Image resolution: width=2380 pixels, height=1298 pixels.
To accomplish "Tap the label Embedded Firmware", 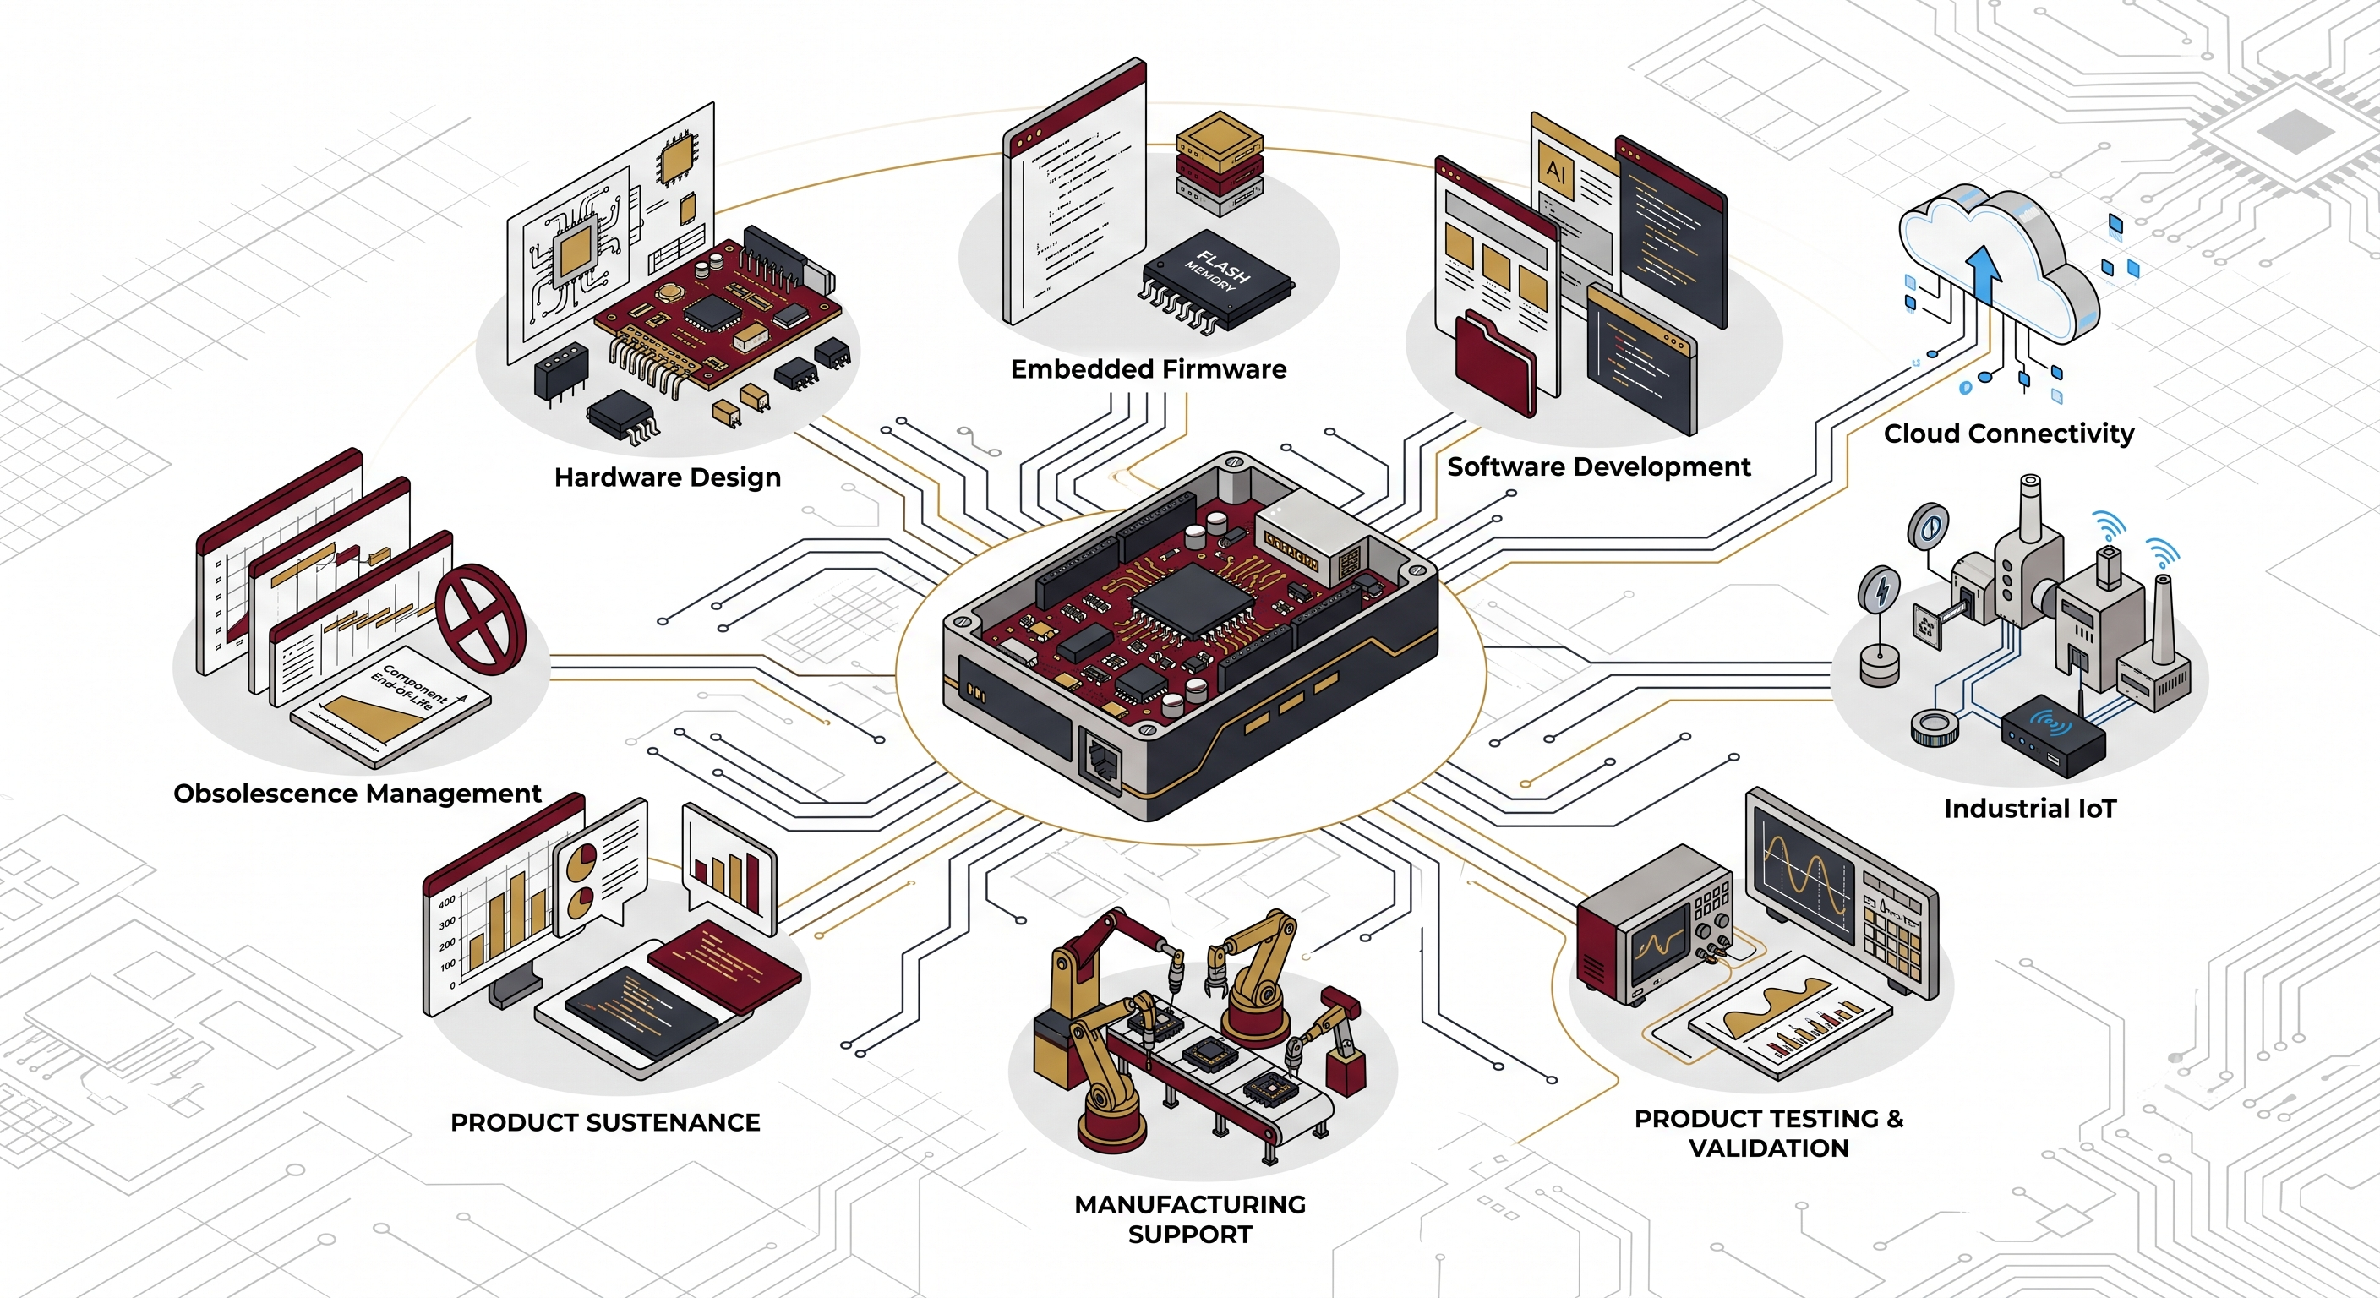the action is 1149,369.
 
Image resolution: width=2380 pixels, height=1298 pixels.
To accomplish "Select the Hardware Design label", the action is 667,477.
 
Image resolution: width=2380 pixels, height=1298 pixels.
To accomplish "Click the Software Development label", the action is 1598,466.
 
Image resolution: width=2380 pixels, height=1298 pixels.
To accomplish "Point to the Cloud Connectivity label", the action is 2009,434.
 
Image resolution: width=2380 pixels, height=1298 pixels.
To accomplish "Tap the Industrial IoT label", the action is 2030,810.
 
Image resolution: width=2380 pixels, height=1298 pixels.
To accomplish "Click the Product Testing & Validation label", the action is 1768,1133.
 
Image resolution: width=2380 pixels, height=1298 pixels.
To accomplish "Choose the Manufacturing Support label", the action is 1190,1219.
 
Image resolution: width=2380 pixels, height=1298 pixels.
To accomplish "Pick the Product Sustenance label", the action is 605,1122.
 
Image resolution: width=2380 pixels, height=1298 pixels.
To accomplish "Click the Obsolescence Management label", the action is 357,794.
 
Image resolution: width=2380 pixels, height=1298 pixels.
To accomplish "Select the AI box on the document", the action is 1556,172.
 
